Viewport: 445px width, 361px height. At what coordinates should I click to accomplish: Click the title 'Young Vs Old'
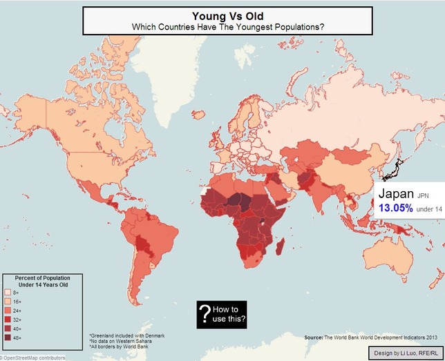tap(227, 15)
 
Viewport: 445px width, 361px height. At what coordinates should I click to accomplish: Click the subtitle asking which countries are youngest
tap(227, 26)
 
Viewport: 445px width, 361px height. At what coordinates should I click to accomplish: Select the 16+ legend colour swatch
tap(8, 302)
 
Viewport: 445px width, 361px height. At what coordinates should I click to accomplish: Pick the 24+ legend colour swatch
tap(8, 311)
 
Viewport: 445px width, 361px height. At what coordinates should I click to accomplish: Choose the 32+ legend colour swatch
tap(8, 320)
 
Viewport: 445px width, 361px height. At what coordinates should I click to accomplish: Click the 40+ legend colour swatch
tap(8, 329)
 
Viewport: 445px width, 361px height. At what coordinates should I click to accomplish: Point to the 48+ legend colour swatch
tap(8, 338)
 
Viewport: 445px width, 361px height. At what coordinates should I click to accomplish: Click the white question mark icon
tap(205, 314)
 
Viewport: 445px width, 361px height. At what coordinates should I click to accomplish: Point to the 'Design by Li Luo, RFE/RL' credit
tap(406, 352)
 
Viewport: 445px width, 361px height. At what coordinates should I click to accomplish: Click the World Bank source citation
tap(371, 338)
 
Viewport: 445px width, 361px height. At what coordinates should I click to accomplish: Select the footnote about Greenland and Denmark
tap(127, 335)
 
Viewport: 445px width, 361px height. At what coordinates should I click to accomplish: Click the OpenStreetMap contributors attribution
tap(33, 358)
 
